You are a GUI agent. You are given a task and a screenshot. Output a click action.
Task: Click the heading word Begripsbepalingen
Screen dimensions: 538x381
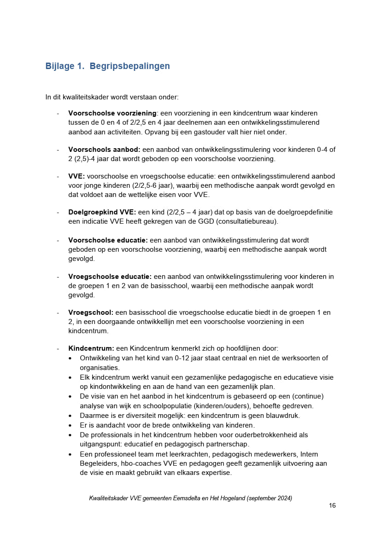tap(129, 66)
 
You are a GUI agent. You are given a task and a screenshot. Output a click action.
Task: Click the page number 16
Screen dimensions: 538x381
tap(332, 505)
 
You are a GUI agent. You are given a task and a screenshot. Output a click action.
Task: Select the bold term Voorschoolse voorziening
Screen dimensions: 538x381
tap(112, 113)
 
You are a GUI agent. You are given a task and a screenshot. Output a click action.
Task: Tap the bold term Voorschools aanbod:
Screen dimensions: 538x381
tap(104, 150)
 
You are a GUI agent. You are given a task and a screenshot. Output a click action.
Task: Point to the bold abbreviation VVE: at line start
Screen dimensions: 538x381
tap(76, 176)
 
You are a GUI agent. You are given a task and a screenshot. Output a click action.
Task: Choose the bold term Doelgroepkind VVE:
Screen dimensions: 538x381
tap(102, 212)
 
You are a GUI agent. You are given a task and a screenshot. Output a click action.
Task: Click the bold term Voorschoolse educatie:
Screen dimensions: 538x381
tap(108, 240)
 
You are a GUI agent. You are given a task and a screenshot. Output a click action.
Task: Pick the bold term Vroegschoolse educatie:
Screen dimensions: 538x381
tap(110, 277)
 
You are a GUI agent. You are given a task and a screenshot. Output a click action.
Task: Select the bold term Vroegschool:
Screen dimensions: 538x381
tap(91, 312)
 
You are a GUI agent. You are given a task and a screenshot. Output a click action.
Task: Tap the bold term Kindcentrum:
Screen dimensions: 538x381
tap(91, 348)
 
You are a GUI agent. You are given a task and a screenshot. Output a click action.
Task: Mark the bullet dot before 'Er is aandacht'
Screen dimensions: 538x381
tap(70, 425)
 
